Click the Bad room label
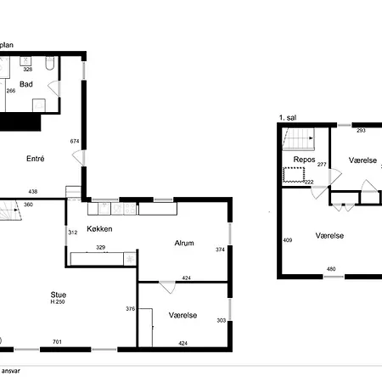(x=26, y=84)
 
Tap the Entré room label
(x=36, y=159)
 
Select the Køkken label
(x=99, y=229)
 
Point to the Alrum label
(x=184, y=243)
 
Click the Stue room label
(x=59, y=295)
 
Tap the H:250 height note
(x=58, y=302)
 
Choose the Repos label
(x=304, y=160)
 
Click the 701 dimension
(x=57, y=342)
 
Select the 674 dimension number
(x=75, y=141)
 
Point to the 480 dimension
(x=331, y=269)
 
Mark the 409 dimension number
(x=288, y=240)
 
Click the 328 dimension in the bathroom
(x=28, y=70)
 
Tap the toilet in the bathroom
(x=50, y=63)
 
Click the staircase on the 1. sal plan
(x=299, y=138)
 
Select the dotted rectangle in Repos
(x=294, y=175)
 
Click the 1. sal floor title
(x=288, y=118)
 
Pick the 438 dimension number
(x=33, y=192)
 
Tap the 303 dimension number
(x=222, y=320)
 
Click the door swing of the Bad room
(x=53, y=88)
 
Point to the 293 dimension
(x=361, y=131)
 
